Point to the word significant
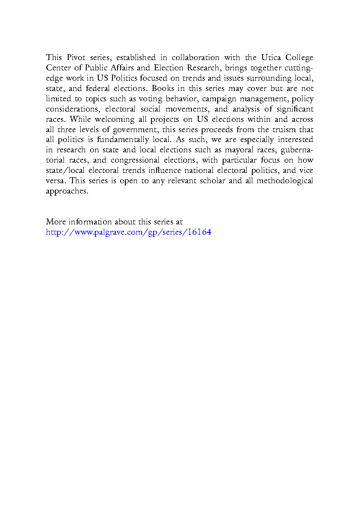(293, 109)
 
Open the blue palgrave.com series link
(128, 233)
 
